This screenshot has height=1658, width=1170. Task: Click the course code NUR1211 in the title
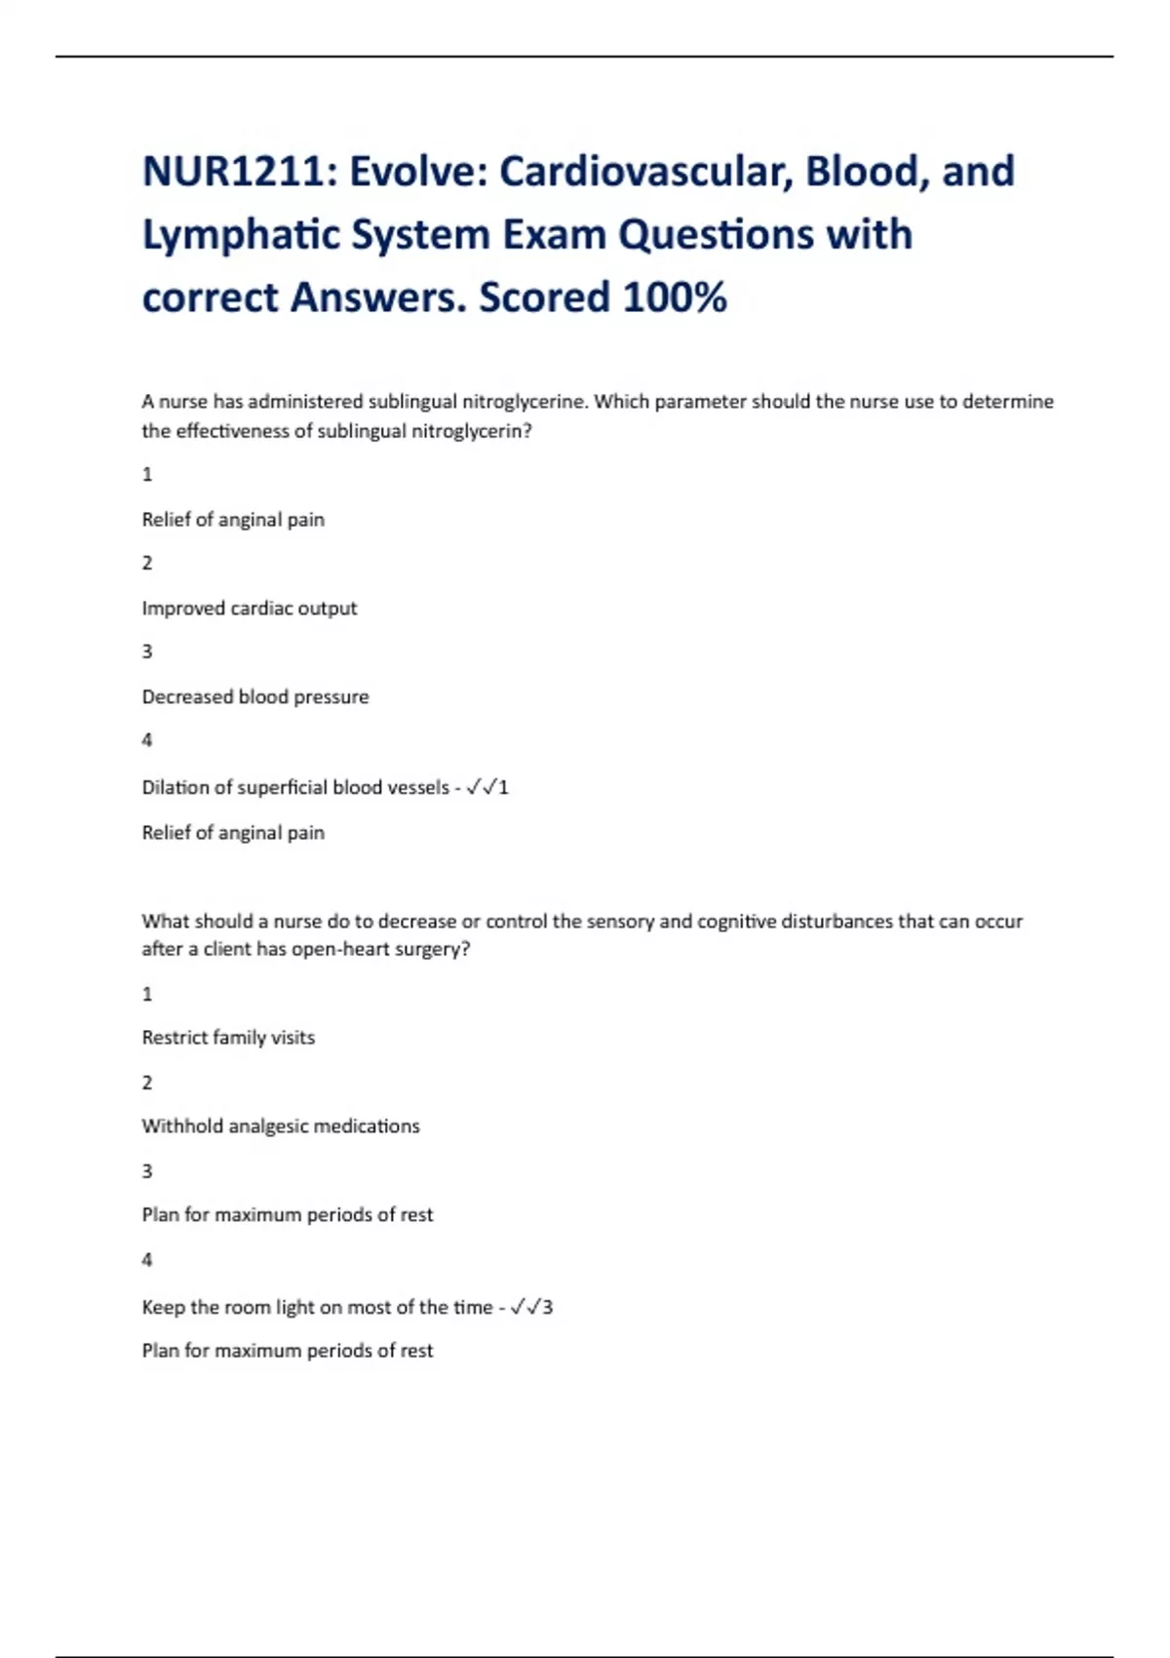coord(232,172)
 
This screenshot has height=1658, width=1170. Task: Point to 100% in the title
coord(675,297)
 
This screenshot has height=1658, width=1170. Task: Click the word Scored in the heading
coord(543,297)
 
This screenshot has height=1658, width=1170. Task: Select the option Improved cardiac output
coord(250,609)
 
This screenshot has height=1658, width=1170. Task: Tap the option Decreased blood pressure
coord(255,697)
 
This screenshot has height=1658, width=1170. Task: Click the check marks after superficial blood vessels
coord(482,787)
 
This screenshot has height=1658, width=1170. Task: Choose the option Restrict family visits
coord(228,1038)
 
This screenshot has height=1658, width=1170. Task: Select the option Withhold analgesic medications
coord(281,1126)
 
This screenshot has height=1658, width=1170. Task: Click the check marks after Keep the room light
coord(526,1307)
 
